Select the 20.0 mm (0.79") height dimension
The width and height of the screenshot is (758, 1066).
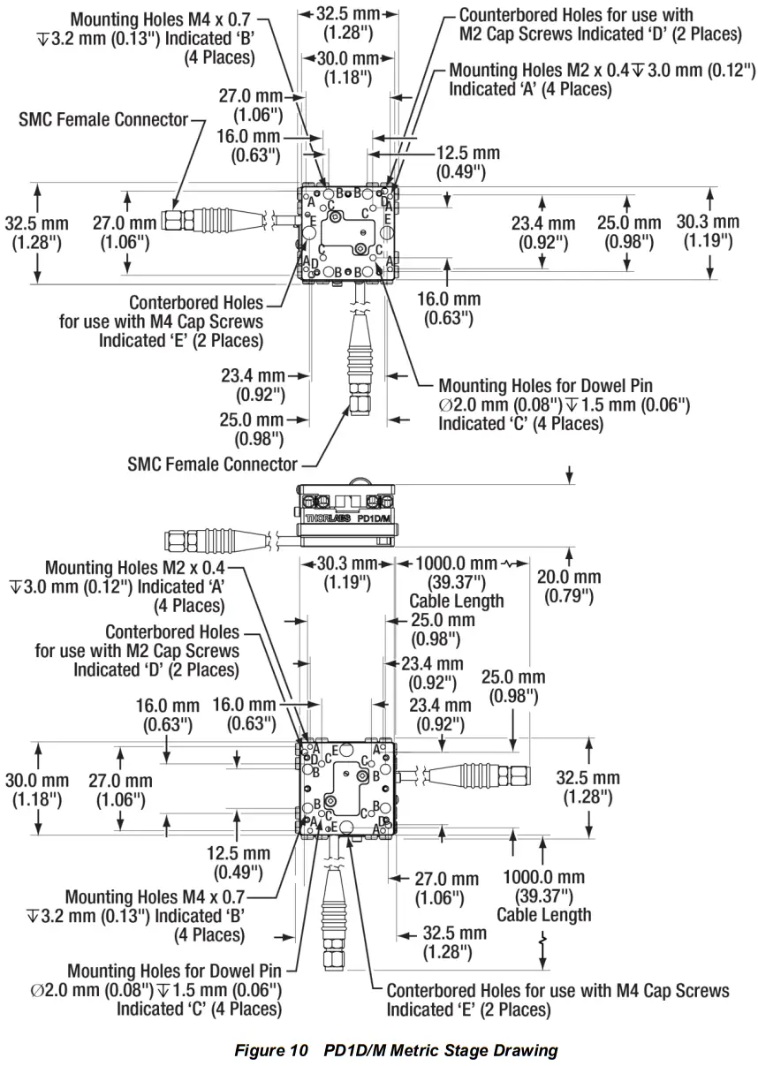[x=569, y=586]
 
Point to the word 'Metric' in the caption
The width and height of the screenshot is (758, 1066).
[x=425, y=1050]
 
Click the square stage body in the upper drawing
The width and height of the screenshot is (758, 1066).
[x=348, y=232]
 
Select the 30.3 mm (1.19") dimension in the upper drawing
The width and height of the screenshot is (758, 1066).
[x=708, y=231]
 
